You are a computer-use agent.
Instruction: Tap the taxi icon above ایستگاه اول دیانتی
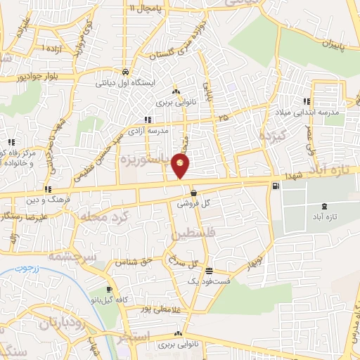tap(124, 72)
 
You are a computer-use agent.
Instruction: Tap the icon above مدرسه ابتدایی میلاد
tap(306, 101)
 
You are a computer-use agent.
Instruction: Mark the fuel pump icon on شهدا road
tap(274, 186)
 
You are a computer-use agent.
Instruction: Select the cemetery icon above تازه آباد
tap(323, 206)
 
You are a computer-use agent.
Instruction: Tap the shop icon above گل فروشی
tap(193, 192)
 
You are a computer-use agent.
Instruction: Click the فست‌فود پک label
tap(203, 281)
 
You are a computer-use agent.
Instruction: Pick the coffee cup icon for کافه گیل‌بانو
tap(109, 290)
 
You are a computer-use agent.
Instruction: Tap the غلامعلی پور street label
tap(155, 309)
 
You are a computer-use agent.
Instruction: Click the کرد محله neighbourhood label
tap(106, 213)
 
